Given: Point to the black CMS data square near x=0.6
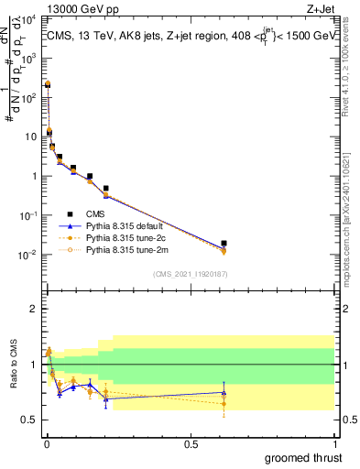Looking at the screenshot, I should pos(224,244).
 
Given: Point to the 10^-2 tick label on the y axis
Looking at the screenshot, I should pos(28,255).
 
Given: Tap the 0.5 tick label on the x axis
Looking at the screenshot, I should pos(191,444).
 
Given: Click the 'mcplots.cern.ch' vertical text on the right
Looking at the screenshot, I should pos(353,220).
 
